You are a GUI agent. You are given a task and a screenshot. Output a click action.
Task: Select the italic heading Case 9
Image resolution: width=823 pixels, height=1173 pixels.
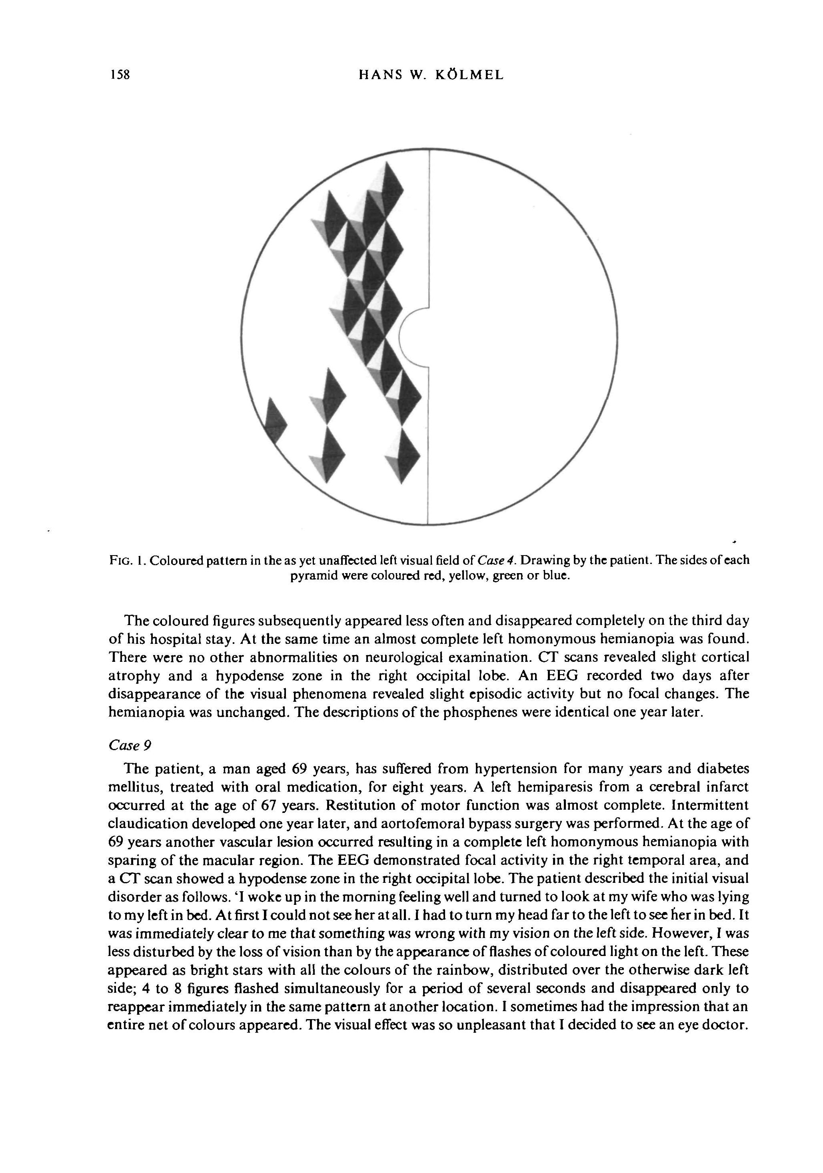click(x=130, y=746)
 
